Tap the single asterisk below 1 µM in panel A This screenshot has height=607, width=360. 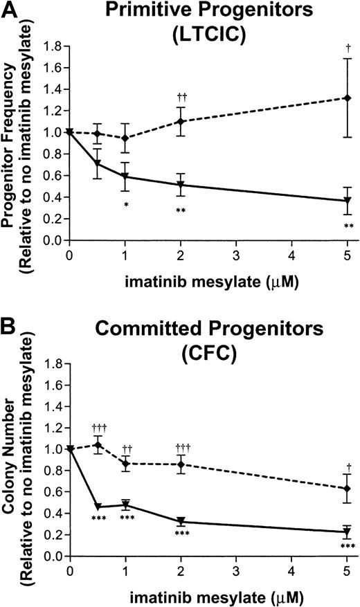click(125, 205)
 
